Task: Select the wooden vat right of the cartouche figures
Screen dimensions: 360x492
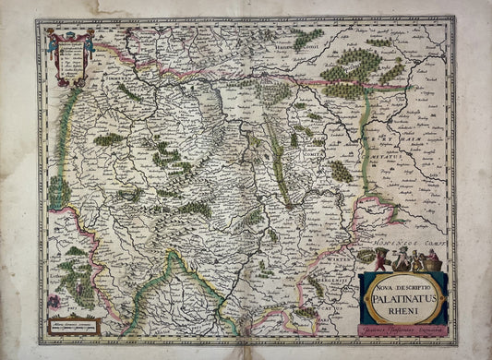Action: tap(434, 263)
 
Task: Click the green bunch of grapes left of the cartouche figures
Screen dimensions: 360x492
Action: tap(366, 256)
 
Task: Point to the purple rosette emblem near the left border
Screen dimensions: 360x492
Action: tap(53, 301)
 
